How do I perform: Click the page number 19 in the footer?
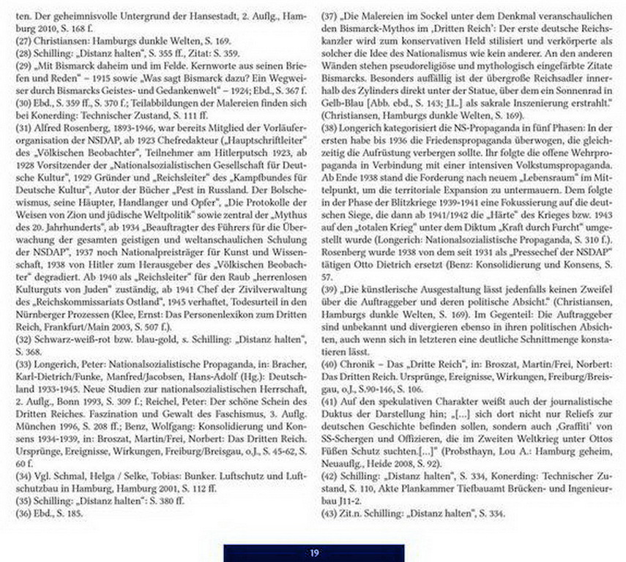click(x=313, y=552)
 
